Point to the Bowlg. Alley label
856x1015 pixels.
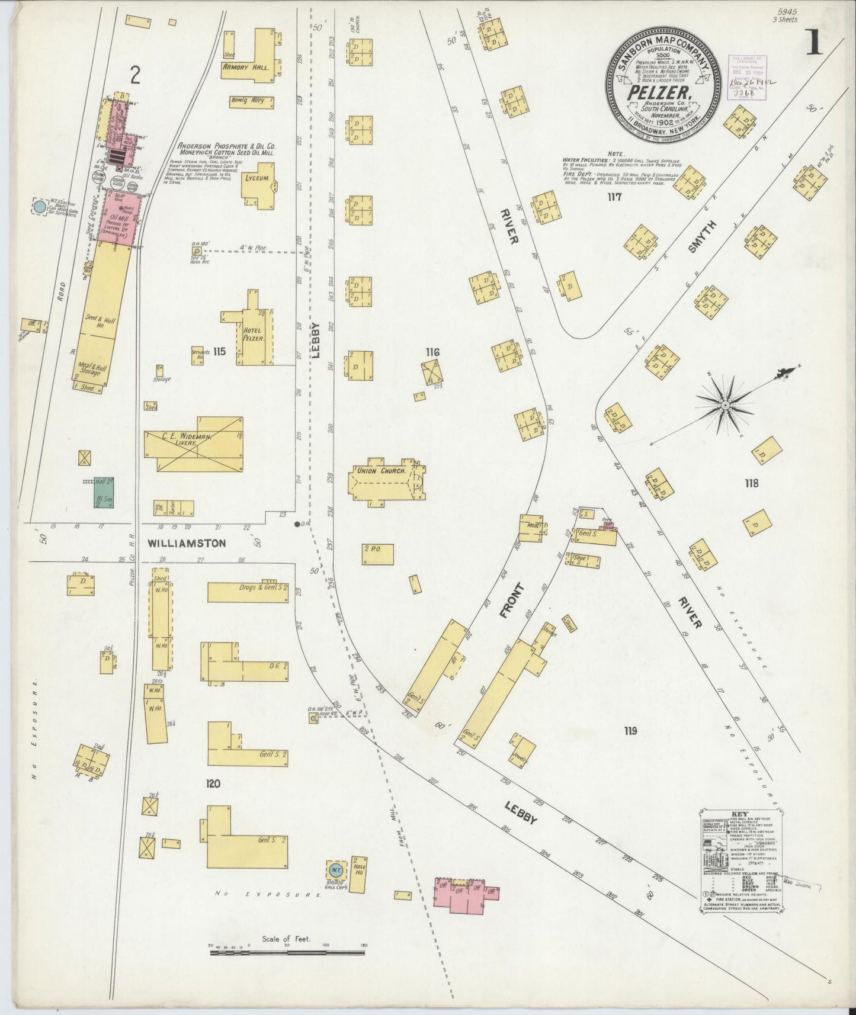251,101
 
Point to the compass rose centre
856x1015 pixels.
724,405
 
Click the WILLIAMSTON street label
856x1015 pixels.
186,542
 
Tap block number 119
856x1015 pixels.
630,731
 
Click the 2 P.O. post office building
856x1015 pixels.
377,554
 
